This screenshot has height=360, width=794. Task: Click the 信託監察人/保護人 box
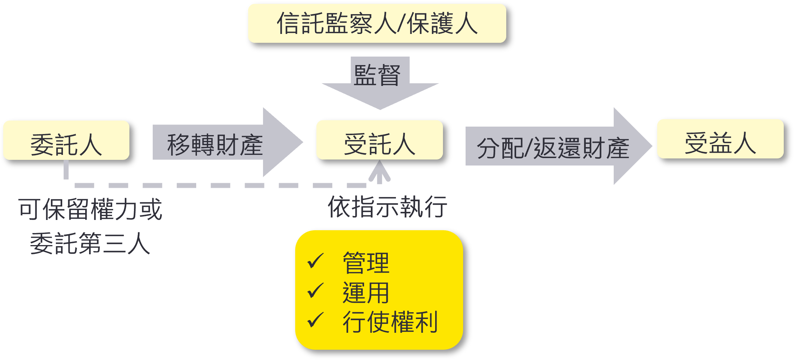pyautogui.click(x=377, y=23)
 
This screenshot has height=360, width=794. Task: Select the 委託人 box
pyautogui.click(x=66, y=140)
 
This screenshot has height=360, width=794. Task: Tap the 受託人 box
pyautogui.click(x=379, y=140)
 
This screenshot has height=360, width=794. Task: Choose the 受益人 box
pyautogui.click(x=720, y=139)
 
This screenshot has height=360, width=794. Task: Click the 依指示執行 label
pyautogui.click(x=387, y=206)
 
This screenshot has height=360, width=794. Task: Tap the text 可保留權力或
pyautogui.click(x=90, y=209)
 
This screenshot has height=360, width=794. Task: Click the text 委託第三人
pyautogui.click(x=90, y=243)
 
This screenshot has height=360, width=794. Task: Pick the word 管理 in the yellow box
pyautogui.click(x=366, y=263)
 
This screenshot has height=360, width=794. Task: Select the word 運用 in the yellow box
pyautogui.click(x=366, y=292)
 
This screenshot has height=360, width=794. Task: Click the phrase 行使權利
pyautogui.click(x=390, y=322)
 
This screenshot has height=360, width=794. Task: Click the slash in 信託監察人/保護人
pyautogui.click(x=401, y=23)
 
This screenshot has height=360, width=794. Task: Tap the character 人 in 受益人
pyautogui.click(x=745, y=143)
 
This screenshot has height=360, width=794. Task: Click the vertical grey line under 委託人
pyautogui.click(x=66, y=170)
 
